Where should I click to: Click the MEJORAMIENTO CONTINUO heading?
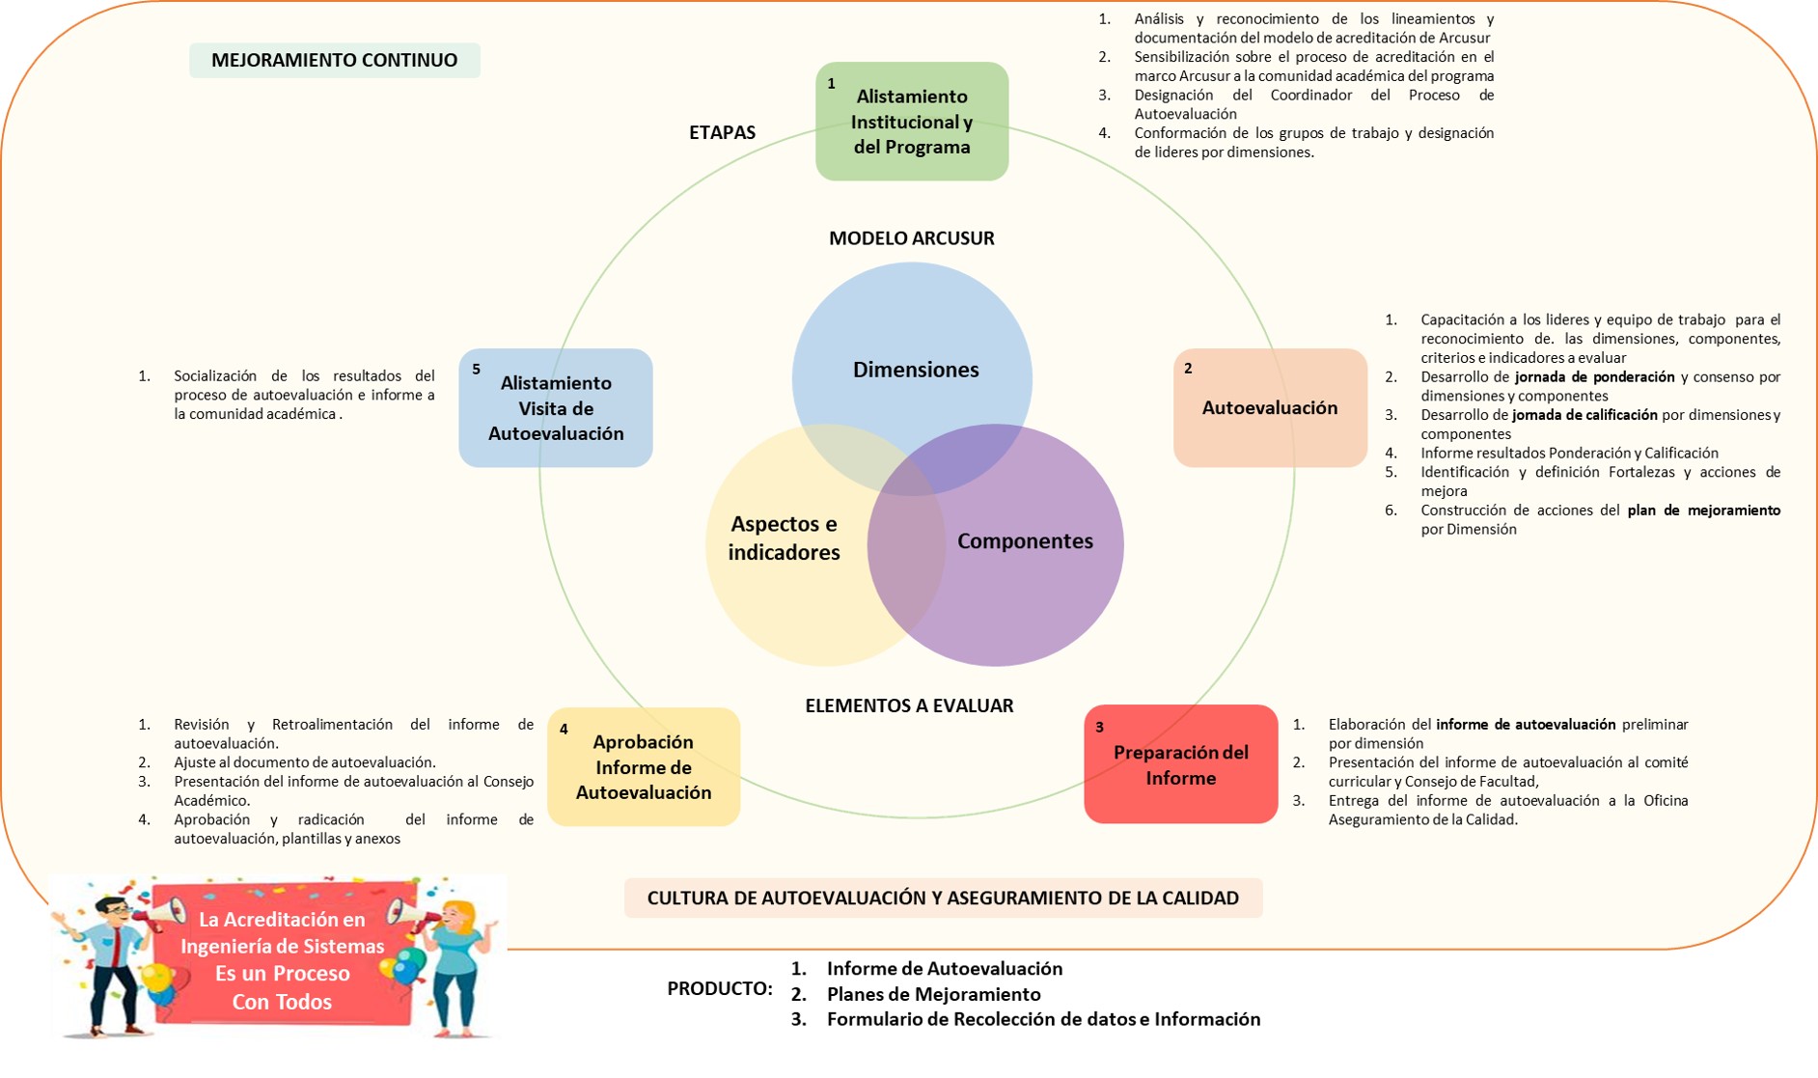coord(334,60)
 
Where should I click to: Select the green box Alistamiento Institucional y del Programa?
coord(912,122)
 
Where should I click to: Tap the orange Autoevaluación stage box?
coord(1270,407)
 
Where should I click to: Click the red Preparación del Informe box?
coord(1180,764)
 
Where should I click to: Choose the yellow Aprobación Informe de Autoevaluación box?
coord(644,767)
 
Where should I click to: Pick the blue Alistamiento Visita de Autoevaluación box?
coord(556,408)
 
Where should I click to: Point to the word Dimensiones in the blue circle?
coord(916,370)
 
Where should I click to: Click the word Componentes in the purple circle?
coord(1025,541)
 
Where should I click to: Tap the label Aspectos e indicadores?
coord(784,539)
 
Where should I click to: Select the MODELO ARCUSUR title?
coord(911,238)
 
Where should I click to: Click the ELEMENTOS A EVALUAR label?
coord(909,705)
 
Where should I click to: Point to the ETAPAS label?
coord(722,133)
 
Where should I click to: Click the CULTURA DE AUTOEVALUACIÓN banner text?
coord(943,898)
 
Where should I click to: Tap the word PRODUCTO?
coord(720,989)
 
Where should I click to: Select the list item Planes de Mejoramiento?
coord(933,994)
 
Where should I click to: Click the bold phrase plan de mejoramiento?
coord(1703,511)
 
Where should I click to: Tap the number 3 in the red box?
coord(1099,728)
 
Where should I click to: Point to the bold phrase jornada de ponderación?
coord(1594,377)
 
